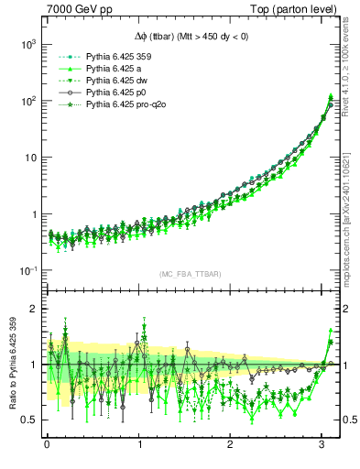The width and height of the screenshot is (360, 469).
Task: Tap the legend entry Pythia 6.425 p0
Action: tap(106, 93)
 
